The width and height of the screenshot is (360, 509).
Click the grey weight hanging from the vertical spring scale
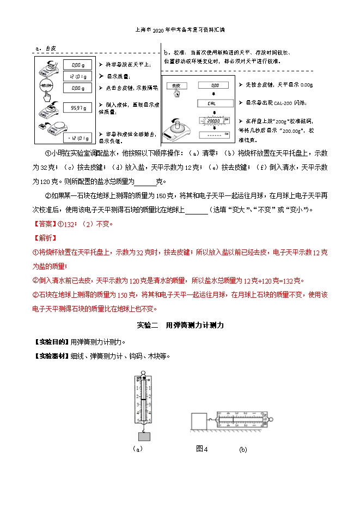click(x=144, y=436)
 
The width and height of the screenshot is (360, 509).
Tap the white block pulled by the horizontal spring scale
click(x=199, y=421)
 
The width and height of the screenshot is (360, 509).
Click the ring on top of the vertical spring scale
click(x=144, y=373)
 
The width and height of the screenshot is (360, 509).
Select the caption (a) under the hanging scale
click(x=137, y=449)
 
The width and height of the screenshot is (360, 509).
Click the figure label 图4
click(x=202, y=449)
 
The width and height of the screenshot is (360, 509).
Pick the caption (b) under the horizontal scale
click(x=243, y=450)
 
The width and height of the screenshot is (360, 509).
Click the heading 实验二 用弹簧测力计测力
click(x=180, y=325)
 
